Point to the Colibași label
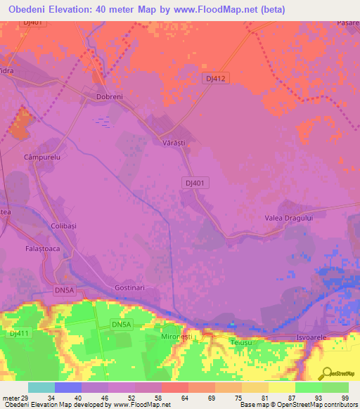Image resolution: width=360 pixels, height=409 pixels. [x=44, y=226]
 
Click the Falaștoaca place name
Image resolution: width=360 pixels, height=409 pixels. [x=30, y=249]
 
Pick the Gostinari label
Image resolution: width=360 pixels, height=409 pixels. [x=129, y=288]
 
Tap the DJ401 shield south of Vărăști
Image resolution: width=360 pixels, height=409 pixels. [x=196, y=182]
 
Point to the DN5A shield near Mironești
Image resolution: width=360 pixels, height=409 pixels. [x=121, y=324]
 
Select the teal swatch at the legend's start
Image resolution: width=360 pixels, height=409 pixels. [x=41, y=387]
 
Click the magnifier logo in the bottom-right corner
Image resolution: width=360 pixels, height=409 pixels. [x=326, y=374]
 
